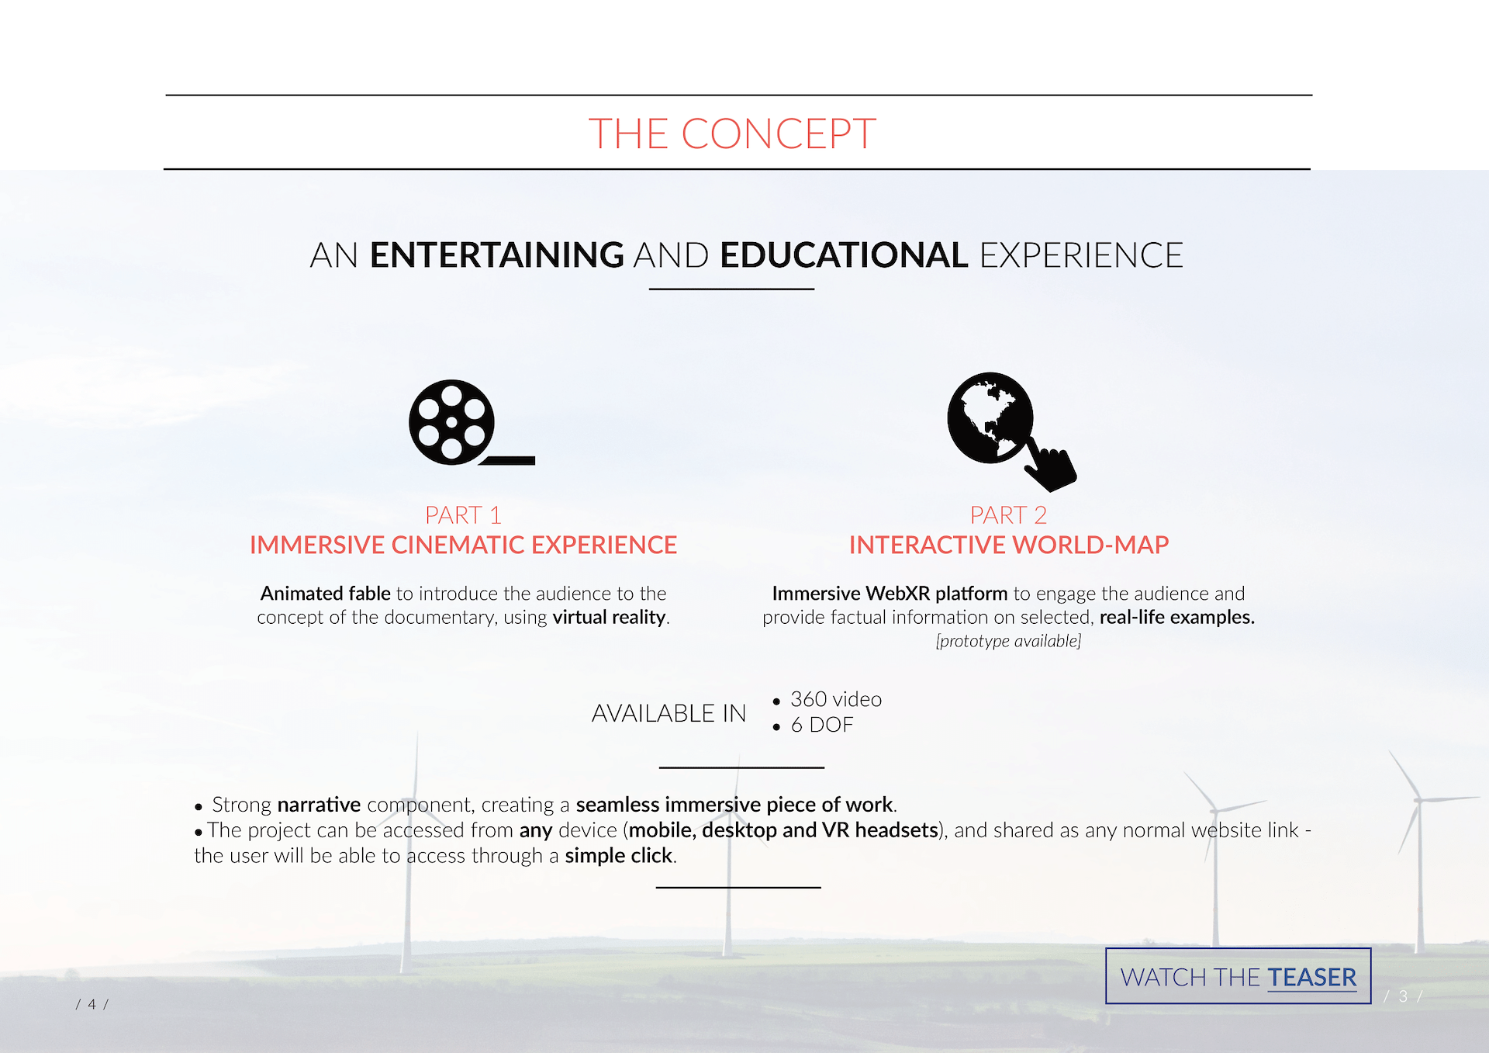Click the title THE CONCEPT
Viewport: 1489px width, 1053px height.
[732, 133]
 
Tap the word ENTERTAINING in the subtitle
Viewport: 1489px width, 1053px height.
[496, 255]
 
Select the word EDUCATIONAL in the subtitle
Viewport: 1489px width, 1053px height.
[844, 255]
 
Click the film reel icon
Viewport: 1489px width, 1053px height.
[472, 423]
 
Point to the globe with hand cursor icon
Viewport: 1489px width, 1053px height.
[1011, 431]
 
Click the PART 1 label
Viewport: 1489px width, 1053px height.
[463, 515]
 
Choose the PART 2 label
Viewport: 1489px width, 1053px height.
[1008, 515]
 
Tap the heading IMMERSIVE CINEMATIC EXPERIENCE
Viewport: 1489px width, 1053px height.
[463, 545]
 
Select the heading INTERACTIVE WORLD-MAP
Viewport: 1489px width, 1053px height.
[1008, 545]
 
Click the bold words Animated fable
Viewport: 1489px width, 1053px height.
[326, 594]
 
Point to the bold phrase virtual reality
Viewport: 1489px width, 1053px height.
[609, 618]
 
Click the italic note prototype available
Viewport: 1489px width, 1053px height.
[1008, 641]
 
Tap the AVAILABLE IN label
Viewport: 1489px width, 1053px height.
[668, 713]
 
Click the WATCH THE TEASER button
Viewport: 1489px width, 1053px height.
[1238, 976]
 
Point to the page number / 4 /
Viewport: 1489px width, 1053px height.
[92, 1004]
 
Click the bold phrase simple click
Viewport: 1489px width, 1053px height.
[619, 856]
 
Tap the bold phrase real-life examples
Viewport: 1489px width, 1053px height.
[1176, 618]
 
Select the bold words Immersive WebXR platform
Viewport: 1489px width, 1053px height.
[890, 594]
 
